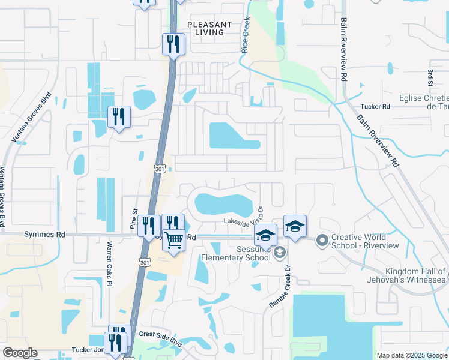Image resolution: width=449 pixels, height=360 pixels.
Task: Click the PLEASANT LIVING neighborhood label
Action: pyautogui.click(x=209, y=28)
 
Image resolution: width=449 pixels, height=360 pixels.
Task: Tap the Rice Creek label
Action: pyautogui.click(x=245, y=35)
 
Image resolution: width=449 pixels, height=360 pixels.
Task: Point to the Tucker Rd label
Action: pyautogui.click(x=375, y=106)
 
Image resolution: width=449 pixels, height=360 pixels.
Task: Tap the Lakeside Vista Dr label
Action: pyautogui.click(x=244, y=221)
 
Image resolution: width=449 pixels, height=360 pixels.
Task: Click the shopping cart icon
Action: pyautogui.click(x=173, y=240)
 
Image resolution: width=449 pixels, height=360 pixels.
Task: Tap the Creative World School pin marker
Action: pyautogui.click(x=322, y=241)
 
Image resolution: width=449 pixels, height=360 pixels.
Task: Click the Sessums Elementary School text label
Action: pyautogui.click(x=235, y=253)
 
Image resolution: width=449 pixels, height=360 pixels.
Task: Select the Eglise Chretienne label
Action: pyautogui.click(x=424, y=102)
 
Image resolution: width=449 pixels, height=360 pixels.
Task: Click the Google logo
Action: pyautogui.click(x=20, y=353)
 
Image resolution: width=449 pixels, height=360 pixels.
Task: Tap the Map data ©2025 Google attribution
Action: pyautogui.click(x=411, y=355)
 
